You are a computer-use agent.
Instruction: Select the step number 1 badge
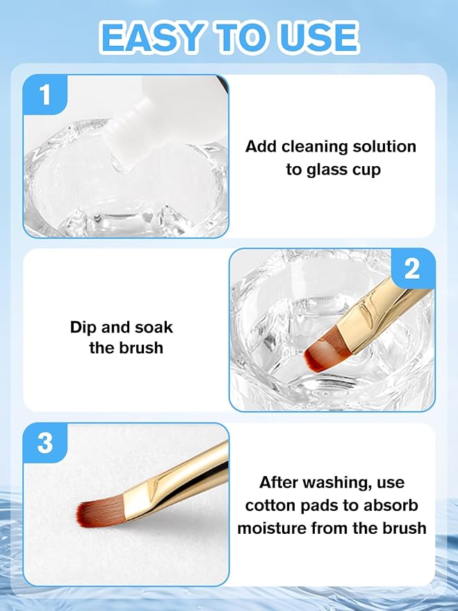tap(46, 95)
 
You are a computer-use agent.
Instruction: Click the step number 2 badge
tap(412, 268)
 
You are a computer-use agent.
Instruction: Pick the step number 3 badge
tap(46, 443)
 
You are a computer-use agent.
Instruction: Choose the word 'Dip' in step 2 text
tap(83, 327)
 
